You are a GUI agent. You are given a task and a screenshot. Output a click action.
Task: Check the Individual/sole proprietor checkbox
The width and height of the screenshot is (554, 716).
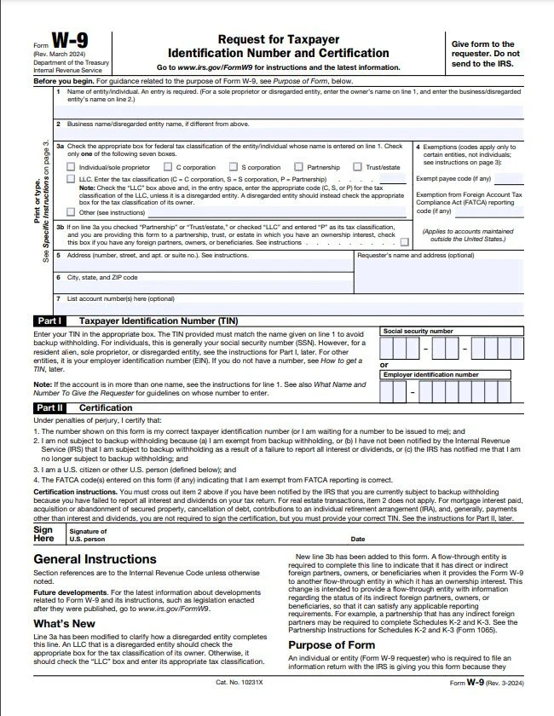[x=72, y=167]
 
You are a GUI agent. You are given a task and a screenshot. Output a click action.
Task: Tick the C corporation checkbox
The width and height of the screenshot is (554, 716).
[x=167, y=167]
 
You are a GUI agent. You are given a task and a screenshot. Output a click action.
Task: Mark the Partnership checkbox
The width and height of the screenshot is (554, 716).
[x=297, y=167]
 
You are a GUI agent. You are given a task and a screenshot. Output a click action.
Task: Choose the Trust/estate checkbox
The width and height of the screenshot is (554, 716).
[x=358, y=167]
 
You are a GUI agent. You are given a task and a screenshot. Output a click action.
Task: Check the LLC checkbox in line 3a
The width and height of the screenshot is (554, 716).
[x=72, y=180]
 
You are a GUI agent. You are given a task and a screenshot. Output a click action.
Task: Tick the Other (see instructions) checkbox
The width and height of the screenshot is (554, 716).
[x=72, y=211]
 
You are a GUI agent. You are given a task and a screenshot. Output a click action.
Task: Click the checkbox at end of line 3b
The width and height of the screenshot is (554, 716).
[x=404, y=242]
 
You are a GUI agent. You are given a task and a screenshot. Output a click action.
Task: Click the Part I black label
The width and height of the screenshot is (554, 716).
[x=47, y=320]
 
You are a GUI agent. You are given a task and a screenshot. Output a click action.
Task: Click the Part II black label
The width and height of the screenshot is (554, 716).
[x=47, y=407]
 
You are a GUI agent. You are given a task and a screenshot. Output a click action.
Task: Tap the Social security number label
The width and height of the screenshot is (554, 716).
[x=418, y=330]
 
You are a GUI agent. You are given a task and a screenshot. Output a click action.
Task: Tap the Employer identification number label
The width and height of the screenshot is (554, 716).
[x=430, y=374]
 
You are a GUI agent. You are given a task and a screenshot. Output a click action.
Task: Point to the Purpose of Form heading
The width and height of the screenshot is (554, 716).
[x=332, y=646]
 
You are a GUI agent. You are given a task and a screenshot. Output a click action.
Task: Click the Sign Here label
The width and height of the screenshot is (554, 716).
[x=43, y=534]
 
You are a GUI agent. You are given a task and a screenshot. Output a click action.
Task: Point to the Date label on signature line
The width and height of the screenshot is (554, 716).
[x=358, y=539]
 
